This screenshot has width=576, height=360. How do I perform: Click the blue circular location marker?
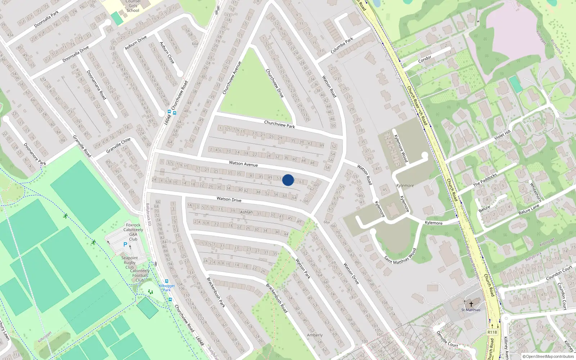click(288, 180)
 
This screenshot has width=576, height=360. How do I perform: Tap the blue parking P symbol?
click(125, 244)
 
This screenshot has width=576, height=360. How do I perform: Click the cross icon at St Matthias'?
click(471, 304)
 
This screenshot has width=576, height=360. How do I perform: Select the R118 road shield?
click(492, 332)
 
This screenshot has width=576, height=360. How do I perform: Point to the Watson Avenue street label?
click(243, 164)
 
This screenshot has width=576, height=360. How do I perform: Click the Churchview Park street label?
click(279, 124)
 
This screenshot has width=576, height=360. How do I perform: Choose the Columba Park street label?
click(342, 45)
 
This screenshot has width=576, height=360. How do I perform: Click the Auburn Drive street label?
click(136, 43)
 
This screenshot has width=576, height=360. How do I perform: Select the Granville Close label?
click(118, 145)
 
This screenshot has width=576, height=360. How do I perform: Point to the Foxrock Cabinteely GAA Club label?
click(133, 232)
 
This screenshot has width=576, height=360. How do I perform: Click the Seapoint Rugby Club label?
click(130, 262)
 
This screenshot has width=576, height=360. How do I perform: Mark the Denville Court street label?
click(447, 339)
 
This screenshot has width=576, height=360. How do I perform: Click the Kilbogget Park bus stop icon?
click(166, 281)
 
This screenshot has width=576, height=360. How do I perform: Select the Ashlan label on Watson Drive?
click(246, 212)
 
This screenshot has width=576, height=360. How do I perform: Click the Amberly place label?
click(315, 335)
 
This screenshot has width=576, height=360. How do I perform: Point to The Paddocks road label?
click(485, 180)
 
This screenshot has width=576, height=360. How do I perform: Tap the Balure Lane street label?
click(529, 210)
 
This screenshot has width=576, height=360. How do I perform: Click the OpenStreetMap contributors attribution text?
click(548, 357)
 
